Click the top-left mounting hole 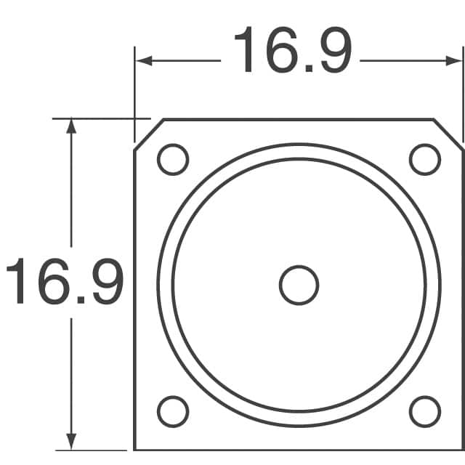(173, 159)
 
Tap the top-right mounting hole (425, 159)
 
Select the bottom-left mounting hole (173, 412)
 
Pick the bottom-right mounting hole (425, 412)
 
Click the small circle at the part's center (299, 285)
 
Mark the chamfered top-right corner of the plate (449, 134)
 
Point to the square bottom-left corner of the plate (135, 449)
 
